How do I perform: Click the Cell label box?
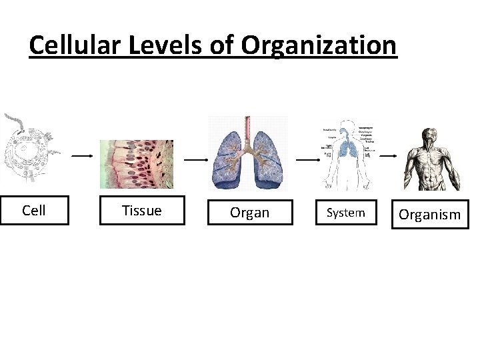coord(34,211)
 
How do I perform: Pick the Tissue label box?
coord(142,211)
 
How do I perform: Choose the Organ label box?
coord(250,213)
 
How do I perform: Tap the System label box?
coord(346,213)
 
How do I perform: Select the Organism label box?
coord(430,214)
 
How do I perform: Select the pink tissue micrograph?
coord(137,165)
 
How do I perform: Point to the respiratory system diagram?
coord(347,155)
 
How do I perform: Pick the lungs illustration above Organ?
coord(249,160)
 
